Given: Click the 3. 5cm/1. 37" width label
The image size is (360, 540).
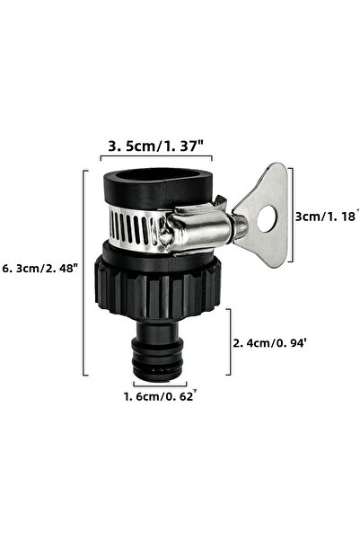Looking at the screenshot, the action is point(156,146).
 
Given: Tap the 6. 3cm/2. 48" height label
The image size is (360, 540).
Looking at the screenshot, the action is point(40,268).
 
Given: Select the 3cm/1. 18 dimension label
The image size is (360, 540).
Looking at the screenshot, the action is point(325,216).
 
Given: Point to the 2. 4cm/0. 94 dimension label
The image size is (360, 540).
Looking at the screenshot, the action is point(269,343).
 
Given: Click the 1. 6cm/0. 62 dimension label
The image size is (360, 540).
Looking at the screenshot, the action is point(161,396).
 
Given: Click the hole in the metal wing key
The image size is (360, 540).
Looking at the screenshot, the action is point(267,218).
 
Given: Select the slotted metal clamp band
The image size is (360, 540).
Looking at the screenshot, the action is point(135,226).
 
